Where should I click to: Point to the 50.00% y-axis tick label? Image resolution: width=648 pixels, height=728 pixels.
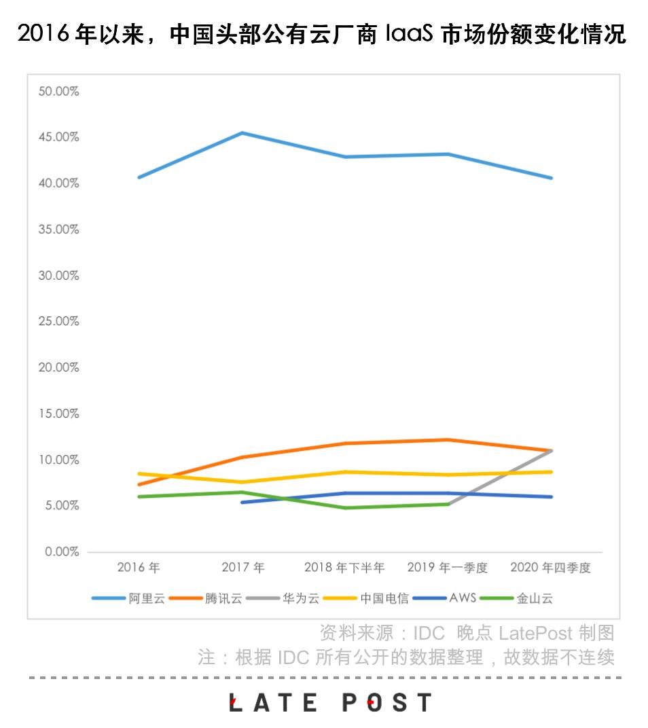58,91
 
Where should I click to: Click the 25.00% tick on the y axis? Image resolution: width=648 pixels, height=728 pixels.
58,321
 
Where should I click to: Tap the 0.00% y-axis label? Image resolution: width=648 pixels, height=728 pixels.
61,551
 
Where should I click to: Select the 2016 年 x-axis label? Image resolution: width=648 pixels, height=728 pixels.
139,568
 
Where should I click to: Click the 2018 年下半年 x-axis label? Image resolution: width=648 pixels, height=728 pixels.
344,568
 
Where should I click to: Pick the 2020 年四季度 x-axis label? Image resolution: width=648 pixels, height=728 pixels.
550,568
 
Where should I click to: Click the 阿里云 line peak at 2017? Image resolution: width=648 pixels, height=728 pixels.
242,133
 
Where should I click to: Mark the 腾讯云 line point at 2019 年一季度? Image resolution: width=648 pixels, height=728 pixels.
448,439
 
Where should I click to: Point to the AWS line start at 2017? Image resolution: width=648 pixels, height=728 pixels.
242,502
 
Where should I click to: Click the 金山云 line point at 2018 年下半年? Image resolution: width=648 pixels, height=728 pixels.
345,507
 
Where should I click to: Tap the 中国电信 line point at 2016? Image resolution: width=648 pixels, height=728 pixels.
139,473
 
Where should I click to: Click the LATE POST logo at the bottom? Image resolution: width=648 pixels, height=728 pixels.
330,702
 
